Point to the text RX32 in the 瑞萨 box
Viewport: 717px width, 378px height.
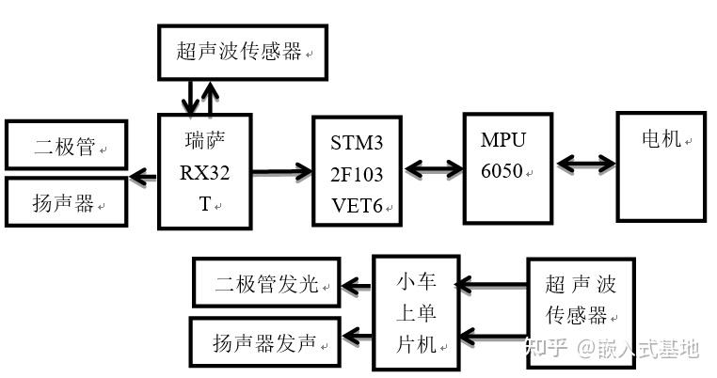[x=204, y=173]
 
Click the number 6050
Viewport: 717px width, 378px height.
[x=502, y=171]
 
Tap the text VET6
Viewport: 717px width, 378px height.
[x=357, y=206]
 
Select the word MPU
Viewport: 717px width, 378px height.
[x=503, y=140]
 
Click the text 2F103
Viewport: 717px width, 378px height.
[x=357, y=175]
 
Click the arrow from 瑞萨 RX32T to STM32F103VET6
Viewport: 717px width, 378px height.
[x=282, y=172]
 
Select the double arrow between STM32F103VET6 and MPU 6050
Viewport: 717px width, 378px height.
[x=434, y=168]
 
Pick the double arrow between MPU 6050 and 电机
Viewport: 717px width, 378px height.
[x=586, y=164]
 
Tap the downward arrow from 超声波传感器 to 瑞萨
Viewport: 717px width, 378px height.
[x=190, y=98]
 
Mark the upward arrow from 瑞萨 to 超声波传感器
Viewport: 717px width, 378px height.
[x=210, y=98]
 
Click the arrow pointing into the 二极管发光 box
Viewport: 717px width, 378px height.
[x=356, y=287]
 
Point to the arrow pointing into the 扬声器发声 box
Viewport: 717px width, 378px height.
[x=357, y=337]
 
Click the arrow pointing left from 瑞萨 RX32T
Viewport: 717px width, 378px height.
[x=143, y=177]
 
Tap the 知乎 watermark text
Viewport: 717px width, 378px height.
[x=546, y=348]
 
